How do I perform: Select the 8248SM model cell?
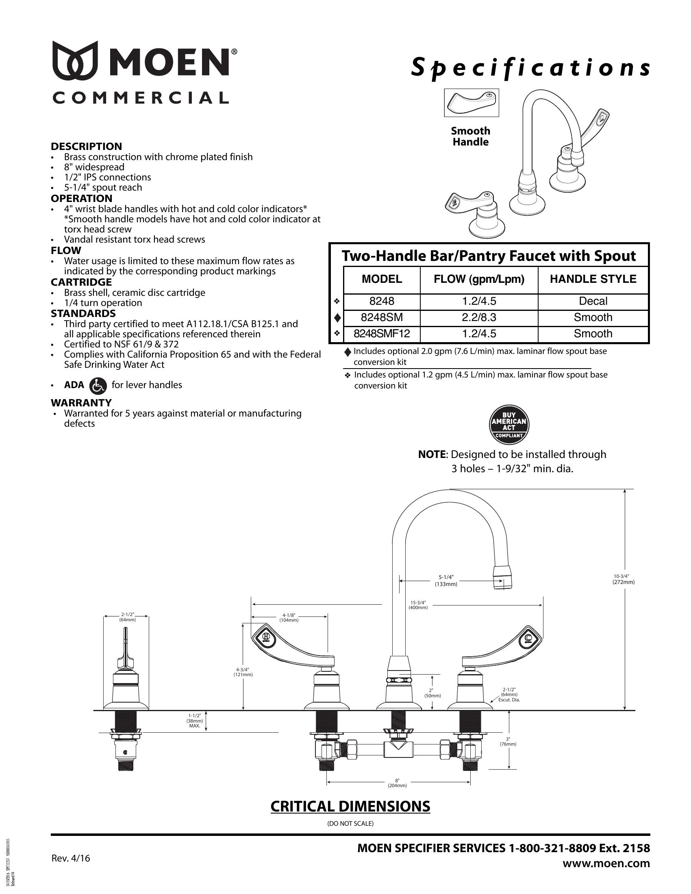(x=382, y=318)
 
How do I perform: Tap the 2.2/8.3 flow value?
(x=479, y=318)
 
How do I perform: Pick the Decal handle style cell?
(x=593, y=302)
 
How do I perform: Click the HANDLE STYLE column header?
(x=593, y=279)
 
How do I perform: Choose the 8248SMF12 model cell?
(x=382, y=334)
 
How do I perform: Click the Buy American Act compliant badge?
(x=509, y=425)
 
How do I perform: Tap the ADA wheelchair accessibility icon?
(x=98, y=386)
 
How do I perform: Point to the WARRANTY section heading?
(x=81, y=403)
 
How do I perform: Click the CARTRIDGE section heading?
(x=81, y=282)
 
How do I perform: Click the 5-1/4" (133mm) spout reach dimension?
(x=446, y=580)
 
